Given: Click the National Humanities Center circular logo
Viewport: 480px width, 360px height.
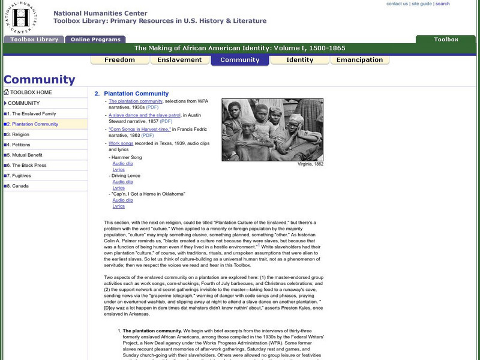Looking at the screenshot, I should click(23, 18).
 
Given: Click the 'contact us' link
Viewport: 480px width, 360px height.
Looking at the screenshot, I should click(397, 4).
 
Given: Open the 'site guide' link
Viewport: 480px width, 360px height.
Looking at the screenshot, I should click(421, 4).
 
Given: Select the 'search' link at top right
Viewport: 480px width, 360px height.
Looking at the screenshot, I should click(442, 4).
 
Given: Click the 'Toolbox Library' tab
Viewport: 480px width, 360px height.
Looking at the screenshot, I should click(34, 40).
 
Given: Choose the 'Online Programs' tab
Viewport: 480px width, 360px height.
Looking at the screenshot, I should click(95, 40).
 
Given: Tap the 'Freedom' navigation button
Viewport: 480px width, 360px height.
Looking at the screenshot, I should click(119, 60).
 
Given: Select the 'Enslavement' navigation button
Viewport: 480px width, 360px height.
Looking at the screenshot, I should click(179, 60).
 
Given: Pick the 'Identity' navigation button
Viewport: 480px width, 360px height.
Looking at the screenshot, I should click(299, 60).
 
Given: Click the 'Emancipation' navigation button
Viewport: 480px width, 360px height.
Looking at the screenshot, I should click(359, 60).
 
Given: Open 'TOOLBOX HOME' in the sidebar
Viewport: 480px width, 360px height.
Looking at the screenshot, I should click(31, 92).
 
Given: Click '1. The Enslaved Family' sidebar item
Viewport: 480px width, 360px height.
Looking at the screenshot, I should click(31, 113).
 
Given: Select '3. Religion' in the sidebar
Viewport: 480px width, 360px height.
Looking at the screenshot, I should click(18, 134).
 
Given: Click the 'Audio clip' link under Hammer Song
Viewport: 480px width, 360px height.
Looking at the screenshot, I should click(122, 163).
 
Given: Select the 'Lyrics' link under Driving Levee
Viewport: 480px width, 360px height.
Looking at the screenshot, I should click(118, 188).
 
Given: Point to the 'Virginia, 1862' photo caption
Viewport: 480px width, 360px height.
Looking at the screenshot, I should click(310, 164).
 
